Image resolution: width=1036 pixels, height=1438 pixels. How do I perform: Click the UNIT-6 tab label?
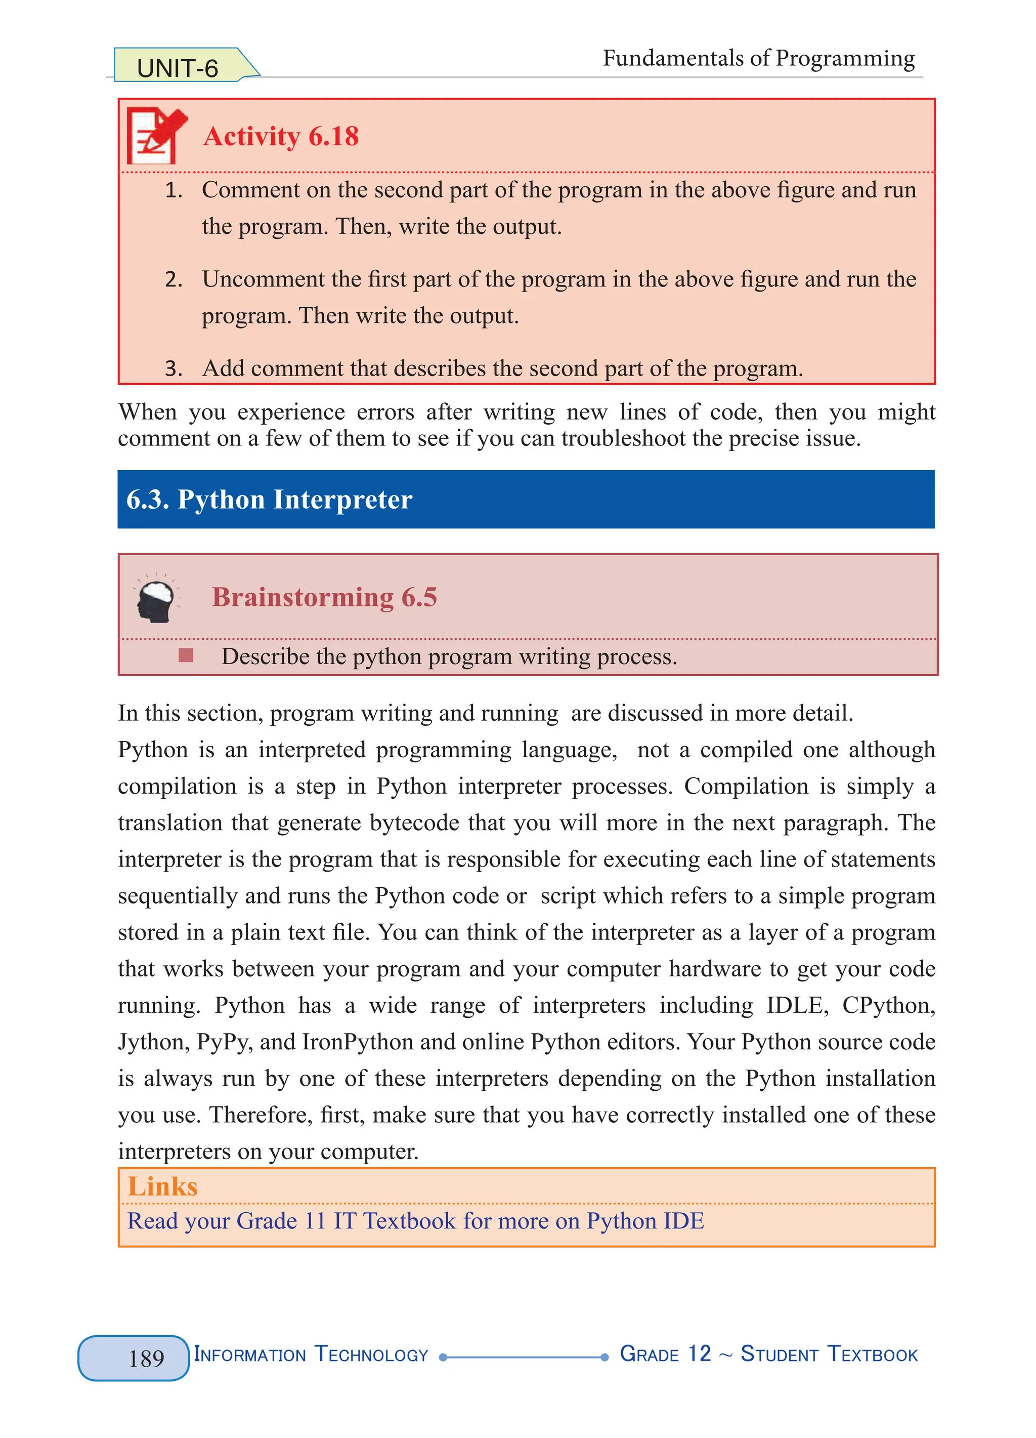(x=178, y=68)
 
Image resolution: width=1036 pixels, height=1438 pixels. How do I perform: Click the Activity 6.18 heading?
(x=281, y=136)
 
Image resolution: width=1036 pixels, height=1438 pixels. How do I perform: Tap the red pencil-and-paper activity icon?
(x=156, y=135)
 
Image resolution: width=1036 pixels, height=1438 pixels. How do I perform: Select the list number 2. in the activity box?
(x=173, y=279)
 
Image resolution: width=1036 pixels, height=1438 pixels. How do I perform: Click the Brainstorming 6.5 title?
(x=324, y=597)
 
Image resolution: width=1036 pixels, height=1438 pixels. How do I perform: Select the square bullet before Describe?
(x=186, y=655)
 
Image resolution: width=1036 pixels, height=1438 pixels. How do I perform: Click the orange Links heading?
(x=163, y=1186)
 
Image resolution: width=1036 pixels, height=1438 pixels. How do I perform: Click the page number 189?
(x=146, y=1359)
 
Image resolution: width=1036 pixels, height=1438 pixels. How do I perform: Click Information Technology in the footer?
(x=311, y=1355)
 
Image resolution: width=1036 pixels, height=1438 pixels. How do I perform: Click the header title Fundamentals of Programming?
(x=758, y=58)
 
